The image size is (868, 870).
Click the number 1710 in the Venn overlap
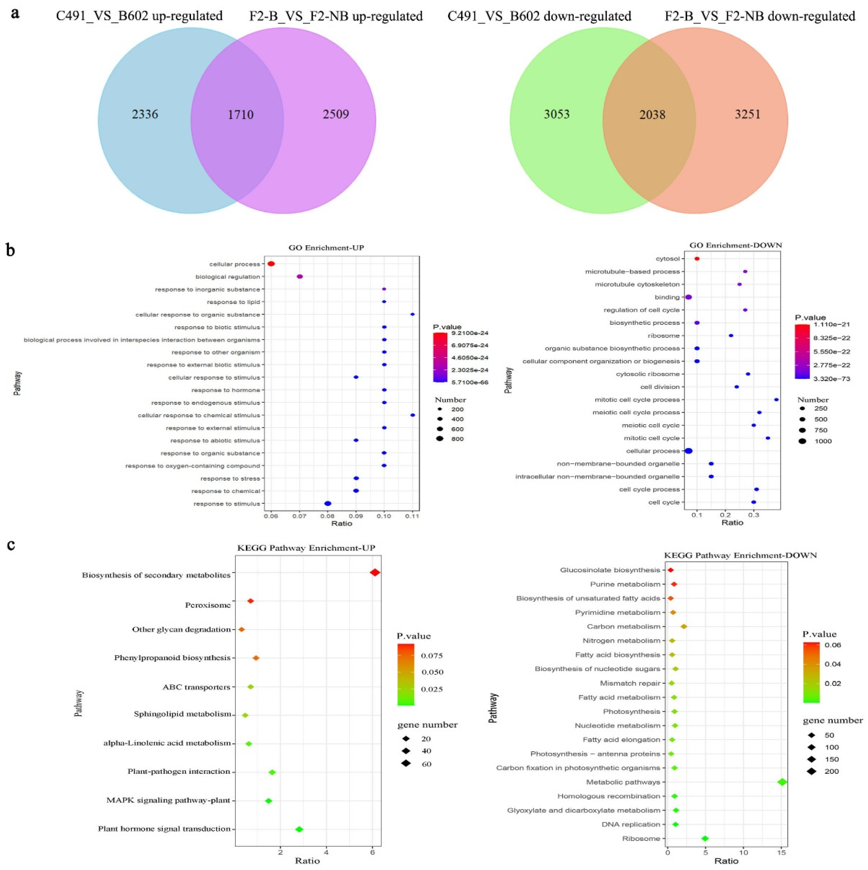[241, 115]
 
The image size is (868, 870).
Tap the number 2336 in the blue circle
[145, 114]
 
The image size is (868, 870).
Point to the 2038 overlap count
[652, 115]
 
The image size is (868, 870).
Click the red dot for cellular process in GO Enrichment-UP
[271, 264]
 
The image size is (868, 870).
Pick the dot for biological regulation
[300, 276]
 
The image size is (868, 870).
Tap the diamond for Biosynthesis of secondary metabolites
[375, 572]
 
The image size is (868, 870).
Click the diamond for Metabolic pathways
[782, 782]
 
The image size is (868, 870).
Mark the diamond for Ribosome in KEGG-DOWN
[705, 838]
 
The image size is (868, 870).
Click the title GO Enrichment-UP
[326, 248]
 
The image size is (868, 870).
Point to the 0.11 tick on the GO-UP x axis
[412, 516]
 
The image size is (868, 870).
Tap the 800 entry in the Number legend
[457, 439]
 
